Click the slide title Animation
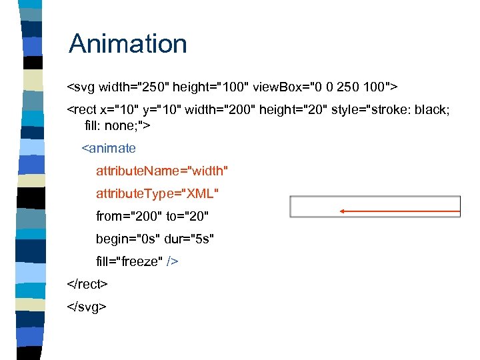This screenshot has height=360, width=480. pos(128,44)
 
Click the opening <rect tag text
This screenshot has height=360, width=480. pos(83,109)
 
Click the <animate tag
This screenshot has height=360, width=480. pos(109,148)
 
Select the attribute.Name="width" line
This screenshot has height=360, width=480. pos(162,171)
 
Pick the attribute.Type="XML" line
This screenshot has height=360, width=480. pos(157,193)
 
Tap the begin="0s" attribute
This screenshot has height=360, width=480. pos(127,239)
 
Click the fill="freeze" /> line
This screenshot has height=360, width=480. pos(137,261)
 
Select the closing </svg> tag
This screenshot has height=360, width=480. pos(87,307)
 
